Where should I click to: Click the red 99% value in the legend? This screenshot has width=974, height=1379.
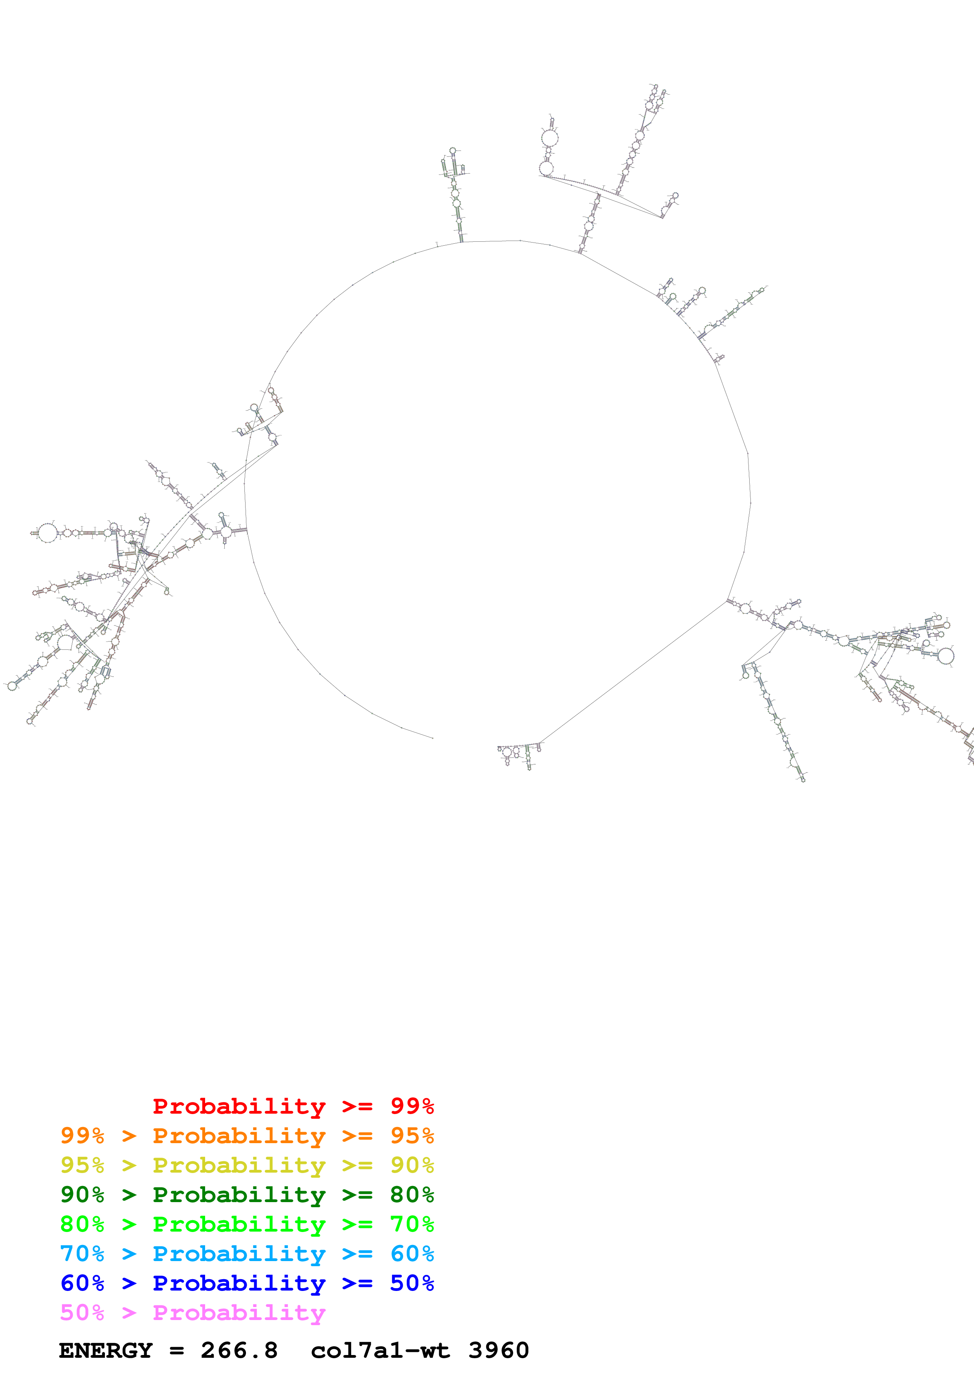pyautogui.click(x=412, y=1106)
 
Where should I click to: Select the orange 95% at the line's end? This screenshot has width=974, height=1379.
pyautogui.click(x=412, y=1136)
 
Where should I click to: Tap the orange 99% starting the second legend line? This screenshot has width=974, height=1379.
pyautogui.click(x=82, y=1136)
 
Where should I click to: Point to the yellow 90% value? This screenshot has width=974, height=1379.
pyautogui.click(x=412, y=1165)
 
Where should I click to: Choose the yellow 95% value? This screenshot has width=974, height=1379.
pyautogui.click(x=82, y=1165)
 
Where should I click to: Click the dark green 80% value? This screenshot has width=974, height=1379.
pyautogui.click(x=412, y=1195)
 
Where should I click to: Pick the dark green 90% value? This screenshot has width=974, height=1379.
pyautogui.click(x=82, y=1195)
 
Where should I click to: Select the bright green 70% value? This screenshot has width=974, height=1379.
pyautogui.click(x=412, y=1224)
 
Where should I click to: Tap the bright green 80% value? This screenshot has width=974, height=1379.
pyautogui.click(x=82, y=1224)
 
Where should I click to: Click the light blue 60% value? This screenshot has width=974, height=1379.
pyautogui.click(x=412, y=1254)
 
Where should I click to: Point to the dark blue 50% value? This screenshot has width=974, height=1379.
pyautogui.click(x=412, y=1283)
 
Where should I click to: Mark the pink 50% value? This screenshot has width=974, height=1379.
pyautogui.click(x=82, y=1312)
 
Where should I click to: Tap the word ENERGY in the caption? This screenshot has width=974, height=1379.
pyautogui.click(x=106, y=1351)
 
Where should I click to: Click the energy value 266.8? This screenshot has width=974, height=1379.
pyautogui.click(x=239, y=1351)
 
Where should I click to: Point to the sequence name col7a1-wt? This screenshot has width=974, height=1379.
pyautogui.click(x=380, y=1351)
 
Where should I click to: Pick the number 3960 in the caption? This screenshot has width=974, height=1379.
pyautogui.click(x=498, y=1351)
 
